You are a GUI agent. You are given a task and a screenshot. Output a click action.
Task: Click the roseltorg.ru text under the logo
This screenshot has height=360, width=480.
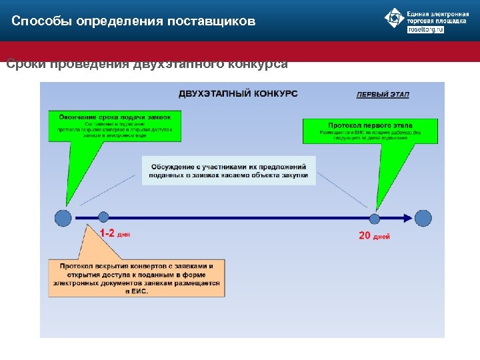(425, 30)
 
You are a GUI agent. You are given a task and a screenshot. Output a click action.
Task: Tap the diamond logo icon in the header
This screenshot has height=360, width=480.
(395, 18)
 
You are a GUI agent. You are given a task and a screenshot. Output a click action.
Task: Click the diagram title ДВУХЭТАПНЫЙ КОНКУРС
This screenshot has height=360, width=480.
(238, 93)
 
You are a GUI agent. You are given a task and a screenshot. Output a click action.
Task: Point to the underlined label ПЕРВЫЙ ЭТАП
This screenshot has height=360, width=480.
(383, 94)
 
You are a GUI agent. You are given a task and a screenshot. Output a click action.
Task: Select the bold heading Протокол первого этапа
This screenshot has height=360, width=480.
(370, 125)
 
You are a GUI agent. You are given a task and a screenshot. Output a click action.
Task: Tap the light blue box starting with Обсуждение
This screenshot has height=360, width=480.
(229, 171)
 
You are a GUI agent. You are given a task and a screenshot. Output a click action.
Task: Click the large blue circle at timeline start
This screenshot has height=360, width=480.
(63, 217)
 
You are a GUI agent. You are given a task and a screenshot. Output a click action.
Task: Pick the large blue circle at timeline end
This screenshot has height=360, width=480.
(423, 218)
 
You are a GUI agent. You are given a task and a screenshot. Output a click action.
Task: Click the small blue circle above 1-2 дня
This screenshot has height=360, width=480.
(103, 217)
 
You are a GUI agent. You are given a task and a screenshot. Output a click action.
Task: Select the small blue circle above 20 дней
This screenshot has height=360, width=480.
(375, 218)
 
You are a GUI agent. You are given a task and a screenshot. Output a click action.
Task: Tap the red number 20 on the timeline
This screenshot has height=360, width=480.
(365, 236)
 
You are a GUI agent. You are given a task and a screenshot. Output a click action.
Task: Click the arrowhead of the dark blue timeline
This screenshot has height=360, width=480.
(408, 218)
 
